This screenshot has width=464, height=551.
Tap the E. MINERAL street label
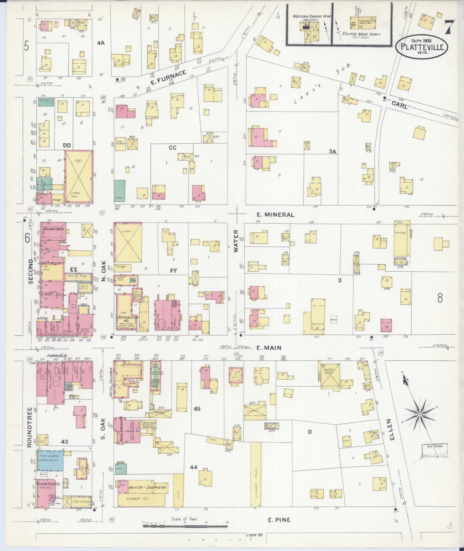coord(276,215)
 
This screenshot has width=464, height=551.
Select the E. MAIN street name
coord(269,348)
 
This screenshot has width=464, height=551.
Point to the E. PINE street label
coord(279,520)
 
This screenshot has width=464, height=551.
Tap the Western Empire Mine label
coord(311,16)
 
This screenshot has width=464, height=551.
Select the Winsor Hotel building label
coord(53,229)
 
